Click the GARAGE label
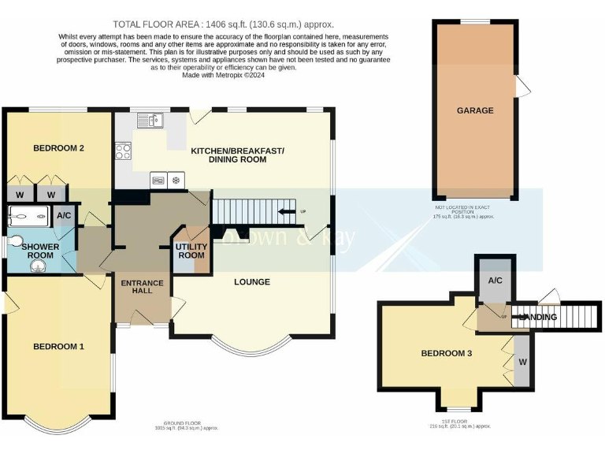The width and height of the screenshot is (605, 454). [x=475, y=110]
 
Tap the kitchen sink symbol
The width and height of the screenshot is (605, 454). [x=149, y=121]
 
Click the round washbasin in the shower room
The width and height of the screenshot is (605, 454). [x=39, y=266]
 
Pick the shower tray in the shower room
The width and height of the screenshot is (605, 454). [x=28, y=216]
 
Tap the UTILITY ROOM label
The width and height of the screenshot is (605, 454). [x=191, y=251]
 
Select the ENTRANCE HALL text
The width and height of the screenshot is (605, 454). [x=142, y=287]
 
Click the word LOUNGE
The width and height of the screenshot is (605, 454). [x=252, y=281]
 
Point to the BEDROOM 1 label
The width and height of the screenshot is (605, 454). [x=58, y=346]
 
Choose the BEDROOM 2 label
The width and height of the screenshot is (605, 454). [x=58, y=148]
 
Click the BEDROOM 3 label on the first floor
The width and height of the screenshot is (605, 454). [x=446, y=353]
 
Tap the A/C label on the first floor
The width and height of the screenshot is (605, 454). [x=496, y=280]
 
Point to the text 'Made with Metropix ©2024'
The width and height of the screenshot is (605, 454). [x=224, y=76]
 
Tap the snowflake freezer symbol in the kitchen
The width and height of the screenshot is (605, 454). [x=176, y=179]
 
